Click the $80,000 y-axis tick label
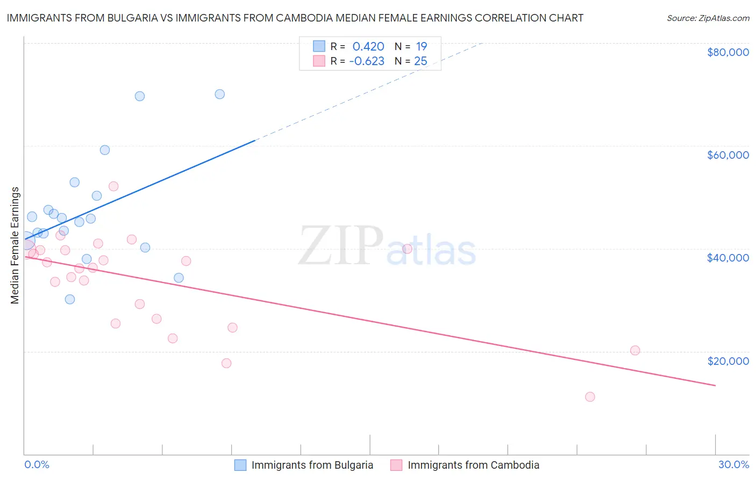tap(728, 52)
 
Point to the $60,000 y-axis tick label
tap(728, 155)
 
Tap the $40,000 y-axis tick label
tap(728, 258)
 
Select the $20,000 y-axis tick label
tap(728, 361)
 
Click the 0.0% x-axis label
tap(37, 464)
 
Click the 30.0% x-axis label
tap(733, 464)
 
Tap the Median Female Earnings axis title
tap(15, 245)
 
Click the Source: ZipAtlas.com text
tap(708, 18)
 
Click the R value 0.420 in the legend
tap(368, 47)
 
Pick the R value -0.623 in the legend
tap(367, 61)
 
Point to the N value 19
tap(422, 47)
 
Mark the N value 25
tap(420, 61)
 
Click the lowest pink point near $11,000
tap(590, 397)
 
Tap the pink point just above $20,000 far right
tap(635, 350)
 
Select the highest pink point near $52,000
tap(113, 186)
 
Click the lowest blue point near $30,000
tap(70, 299)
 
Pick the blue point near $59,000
tap(105, 150)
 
